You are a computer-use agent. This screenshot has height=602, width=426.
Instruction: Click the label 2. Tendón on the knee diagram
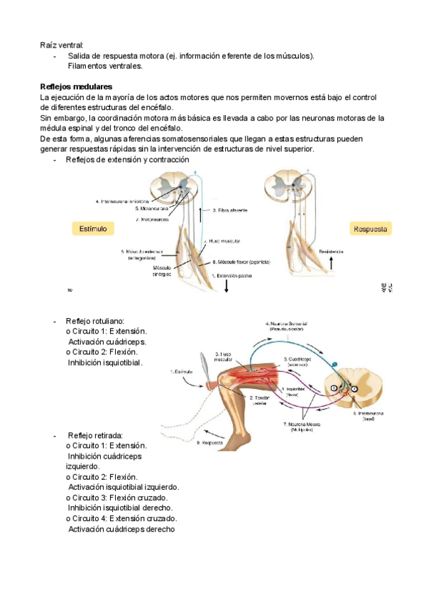click(261, 400)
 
